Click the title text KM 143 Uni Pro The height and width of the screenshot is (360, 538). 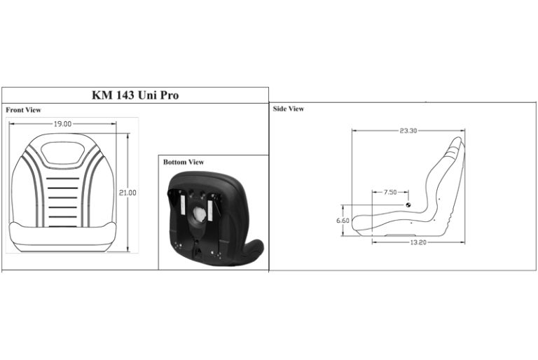(x=135, y=95)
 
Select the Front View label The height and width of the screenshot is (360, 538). (x=23, y=110)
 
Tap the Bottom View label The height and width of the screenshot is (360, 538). (x=184, y=162)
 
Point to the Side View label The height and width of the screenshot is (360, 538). (x=288, y=109)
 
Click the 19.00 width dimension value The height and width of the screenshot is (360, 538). (x=62, y=124)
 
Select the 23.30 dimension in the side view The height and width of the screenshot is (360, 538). (x=408, y=131)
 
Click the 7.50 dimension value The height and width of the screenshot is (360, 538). (x=390, y=192)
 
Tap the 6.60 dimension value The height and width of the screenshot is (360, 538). (x=343, y=220)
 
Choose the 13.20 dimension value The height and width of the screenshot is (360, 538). (x=418, y=242)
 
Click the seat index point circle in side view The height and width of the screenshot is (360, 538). (x=408, y=205)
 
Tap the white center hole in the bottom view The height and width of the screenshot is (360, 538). (x=200, y=213)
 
